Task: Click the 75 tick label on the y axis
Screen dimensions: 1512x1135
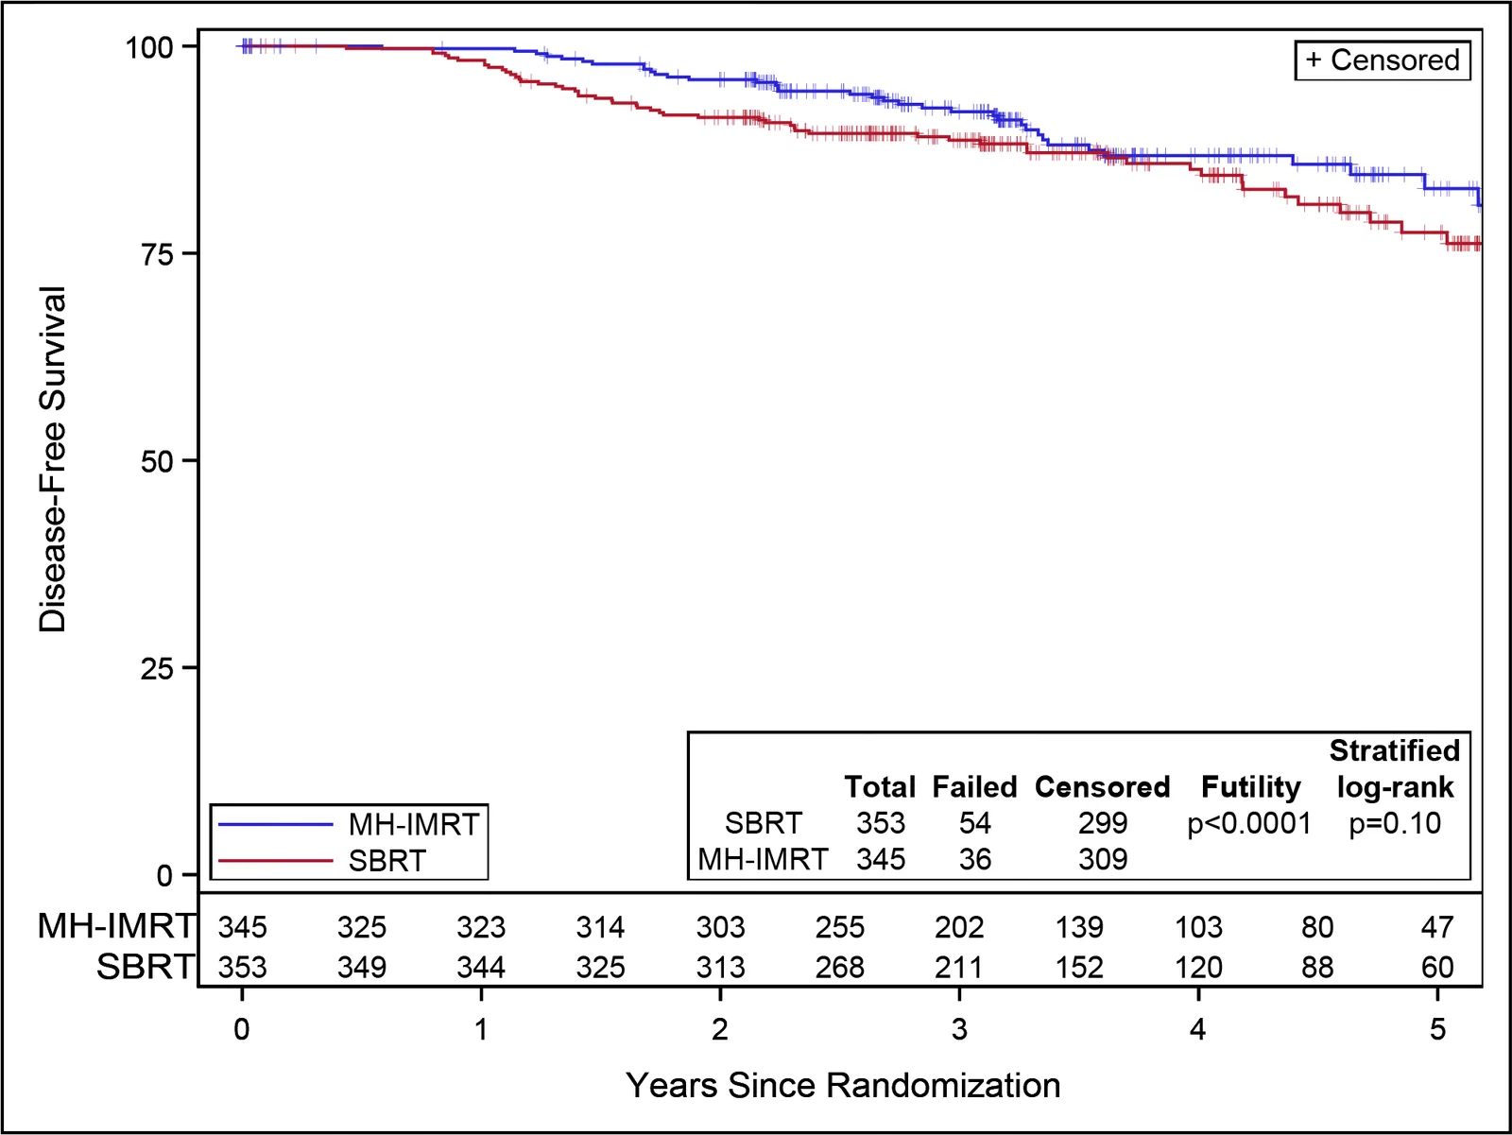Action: click(156, 254)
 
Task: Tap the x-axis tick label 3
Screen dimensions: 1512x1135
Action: click(959, 1029)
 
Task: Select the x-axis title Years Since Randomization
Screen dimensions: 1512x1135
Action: click(842, 1086)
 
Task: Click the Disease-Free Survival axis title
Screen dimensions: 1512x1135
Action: click(52, 459)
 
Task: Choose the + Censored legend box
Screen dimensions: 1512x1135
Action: click(1383, 60)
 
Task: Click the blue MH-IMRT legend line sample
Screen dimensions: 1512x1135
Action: click(275, 824)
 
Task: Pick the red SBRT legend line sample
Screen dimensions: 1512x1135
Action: click(275, 861)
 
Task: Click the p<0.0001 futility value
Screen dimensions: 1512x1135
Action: click(1249, 824)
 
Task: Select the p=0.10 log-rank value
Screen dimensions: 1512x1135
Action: click(1395, 824)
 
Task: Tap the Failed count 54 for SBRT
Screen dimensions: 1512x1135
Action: click(974, 823)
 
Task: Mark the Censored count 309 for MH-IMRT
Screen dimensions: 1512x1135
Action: click(1103, 859)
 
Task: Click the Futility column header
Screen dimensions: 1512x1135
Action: click(1251, 787)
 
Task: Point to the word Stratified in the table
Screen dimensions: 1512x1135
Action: click(1394, 750)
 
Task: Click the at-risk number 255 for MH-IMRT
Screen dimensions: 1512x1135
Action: click(840, 928)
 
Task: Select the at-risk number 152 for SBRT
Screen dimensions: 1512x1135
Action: click(1079, 968)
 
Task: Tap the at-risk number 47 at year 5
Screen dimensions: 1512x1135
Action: click(1437, 928)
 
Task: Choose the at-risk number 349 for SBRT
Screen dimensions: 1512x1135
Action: click(362, 968)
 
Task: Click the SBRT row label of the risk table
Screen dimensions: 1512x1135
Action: click(146, 967)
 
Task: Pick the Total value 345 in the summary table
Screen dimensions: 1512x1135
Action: click(881, 859)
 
